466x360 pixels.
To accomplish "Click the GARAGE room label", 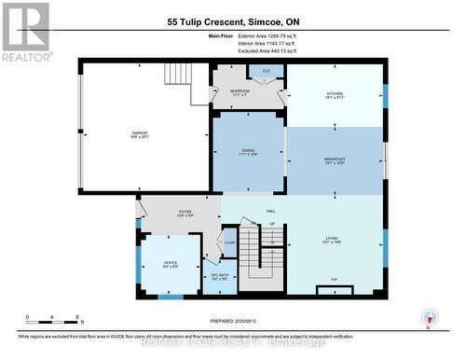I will [140, 134].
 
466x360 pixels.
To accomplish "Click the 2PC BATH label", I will [220, 277].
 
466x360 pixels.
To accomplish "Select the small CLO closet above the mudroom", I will [266, 72].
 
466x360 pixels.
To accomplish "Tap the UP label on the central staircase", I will [271, 225].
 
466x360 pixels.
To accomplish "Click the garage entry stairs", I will [178, 74].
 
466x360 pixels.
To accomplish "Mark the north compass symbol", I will [429, 318].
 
